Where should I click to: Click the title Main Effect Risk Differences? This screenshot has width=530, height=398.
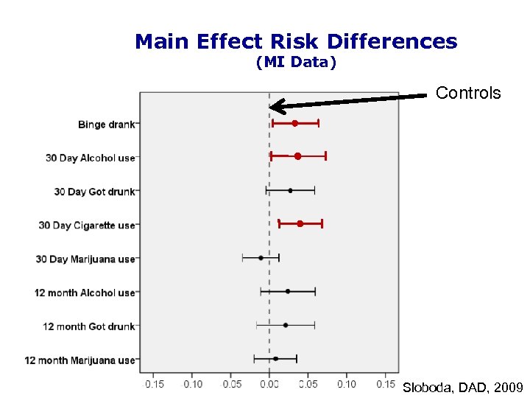pos(296,42)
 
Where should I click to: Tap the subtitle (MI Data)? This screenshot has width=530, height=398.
pos(296,63)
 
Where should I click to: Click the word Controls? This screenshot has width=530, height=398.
pos(468,94)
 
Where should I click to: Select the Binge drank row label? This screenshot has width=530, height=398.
pos(106,125)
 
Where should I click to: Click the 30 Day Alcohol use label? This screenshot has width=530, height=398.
pos(90,158)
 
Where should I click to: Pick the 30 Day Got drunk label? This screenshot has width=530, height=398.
pos(94,192)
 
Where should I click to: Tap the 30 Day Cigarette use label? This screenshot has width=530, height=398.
pos(87,226)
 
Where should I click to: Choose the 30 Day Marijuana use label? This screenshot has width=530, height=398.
pos(85,259)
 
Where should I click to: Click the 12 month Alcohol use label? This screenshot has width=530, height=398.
pos(85,293)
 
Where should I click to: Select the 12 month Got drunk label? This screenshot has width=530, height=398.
pos(89,327)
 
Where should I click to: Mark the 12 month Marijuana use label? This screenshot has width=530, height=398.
pos(80,360)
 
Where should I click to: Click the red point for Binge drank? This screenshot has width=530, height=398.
pos(294,123)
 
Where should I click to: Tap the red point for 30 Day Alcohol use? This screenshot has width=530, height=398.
pos(297,156)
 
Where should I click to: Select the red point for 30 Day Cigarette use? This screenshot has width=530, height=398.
pos(300,223)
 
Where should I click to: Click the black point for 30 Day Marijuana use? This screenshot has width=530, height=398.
pos(261,258)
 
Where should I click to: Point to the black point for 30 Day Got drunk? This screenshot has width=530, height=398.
pos(290,190)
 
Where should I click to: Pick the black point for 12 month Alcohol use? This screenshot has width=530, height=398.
pos(288,291)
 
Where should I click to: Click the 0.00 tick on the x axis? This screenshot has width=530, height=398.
pos(269,384)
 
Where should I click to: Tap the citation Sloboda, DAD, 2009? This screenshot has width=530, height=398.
pos(462,387)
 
